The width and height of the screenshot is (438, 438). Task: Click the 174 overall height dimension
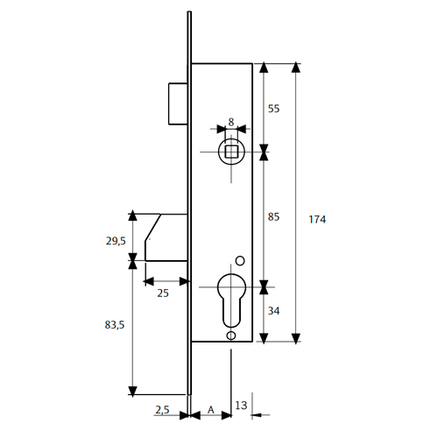[317, 219]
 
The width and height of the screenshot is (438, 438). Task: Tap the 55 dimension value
[273, 109]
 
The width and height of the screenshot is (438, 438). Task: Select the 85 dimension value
[273, 217]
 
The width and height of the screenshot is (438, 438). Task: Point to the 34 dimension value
[273, 311]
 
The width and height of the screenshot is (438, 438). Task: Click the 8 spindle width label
[231, 122]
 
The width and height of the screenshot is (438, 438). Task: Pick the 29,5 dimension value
[116, 241]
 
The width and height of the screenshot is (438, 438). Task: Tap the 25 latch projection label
[163, 293]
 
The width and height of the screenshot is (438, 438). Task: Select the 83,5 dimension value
[115, 325]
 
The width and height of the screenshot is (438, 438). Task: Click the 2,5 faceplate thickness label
[162, 410]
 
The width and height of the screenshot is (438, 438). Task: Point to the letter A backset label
[211, 410]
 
